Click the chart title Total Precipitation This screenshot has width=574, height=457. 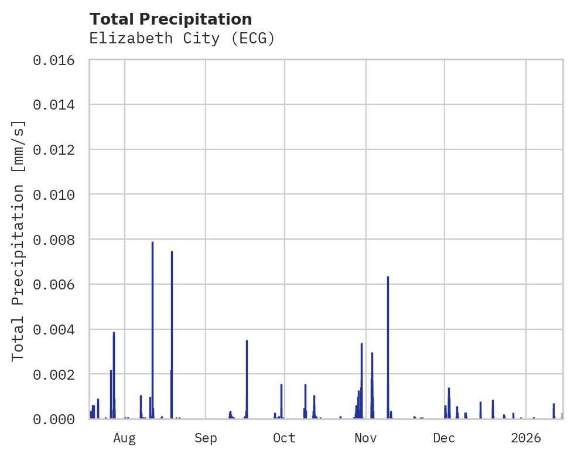[x=170, y=19]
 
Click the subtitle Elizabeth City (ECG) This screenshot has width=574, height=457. [x=182, y=39]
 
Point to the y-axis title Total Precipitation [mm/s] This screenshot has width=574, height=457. [x=19, y=240]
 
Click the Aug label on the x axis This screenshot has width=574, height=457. [x=124, y=438]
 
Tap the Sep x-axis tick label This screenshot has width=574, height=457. [x=206, y=438]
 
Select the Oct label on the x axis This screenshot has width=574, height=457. [x=284, y=438]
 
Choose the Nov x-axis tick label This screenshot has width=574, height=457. [x=365, y=438]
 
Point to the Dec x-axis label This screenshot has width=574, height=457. [x=444, y=438]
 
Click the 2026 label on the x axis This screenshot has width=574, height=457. [x=525, y=438]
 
